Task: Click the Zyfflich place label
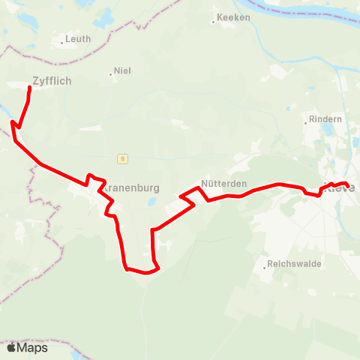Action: pos(52,81)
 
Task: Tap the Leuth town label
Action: pos(78,38)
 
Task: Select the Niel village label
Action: pos(122,71)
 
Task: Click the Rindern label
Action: pos(325,119)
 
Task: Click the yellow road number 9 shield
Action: pos(121,157)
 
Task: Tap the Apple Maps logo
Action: pos(27,347)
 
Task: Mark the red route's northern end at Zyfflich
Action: pos(29,88)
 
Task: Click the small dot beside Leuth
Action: pos(61,43)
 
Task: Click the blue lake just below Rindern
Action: pos(327,132)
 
